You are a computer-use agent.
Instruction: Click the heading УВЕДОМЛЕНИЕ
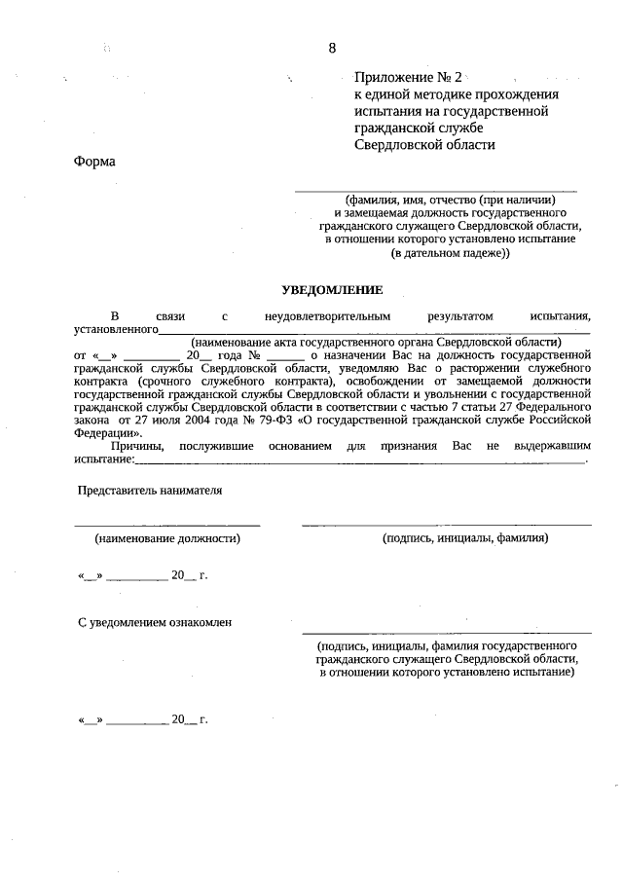[333, 290]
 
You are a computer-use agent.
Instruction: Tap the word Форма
[94, 162]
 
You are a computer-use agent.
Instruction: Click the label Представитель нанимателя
[151, 491]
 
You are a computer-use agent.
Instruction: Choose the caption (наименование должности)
[167, 537]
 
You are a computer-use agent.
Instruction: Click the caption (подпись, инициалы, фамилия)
[466, 537]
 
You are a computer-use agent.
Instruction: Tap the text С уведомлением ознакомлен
[155, 622]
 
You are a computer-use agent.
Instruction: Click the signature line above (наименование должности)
[167, 526]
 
